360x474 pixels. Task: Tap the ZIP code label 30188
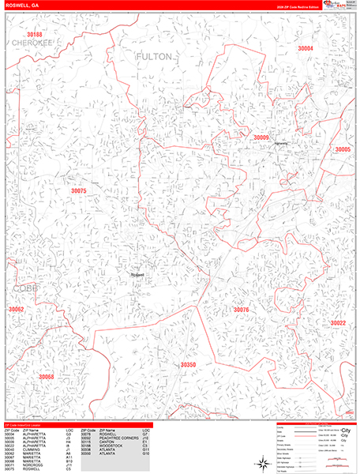pos(34,35)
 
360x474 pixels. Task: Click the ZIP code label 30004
pos(305,49)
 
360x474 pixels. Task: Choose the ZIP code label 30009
pos(261,137)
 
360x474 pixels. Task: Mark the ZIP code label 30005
pos(343,149)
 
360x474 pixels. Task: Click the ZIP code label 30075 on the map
pos(78,190)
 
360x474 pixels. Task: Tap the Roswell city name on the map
pos(138,275)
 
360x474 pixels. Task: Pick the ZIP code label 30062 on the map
pos(16,309)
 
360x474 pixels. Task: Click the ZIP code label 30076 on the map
pos(241,310)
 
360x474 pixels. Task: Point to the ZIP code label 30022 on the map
pos(338,323)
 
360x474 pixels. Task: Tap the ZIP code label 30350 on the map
pos(188,365)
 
